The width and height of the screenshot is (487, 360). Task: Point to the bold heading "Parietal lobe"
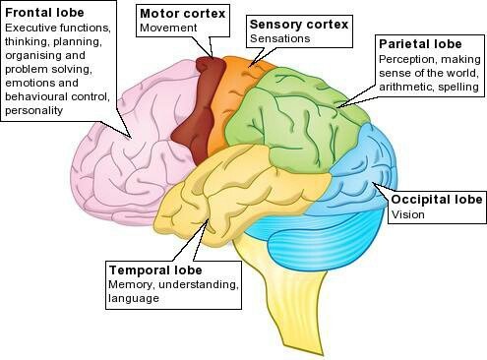pos(422,44)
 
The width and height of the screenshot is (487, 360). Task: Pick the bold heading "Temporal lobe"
pos(155,269)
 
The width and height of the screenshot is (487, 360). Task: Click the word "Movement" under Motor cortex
pos(169,29)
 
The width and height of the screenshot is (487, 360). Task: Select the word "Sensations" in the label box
pos(281,37)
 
